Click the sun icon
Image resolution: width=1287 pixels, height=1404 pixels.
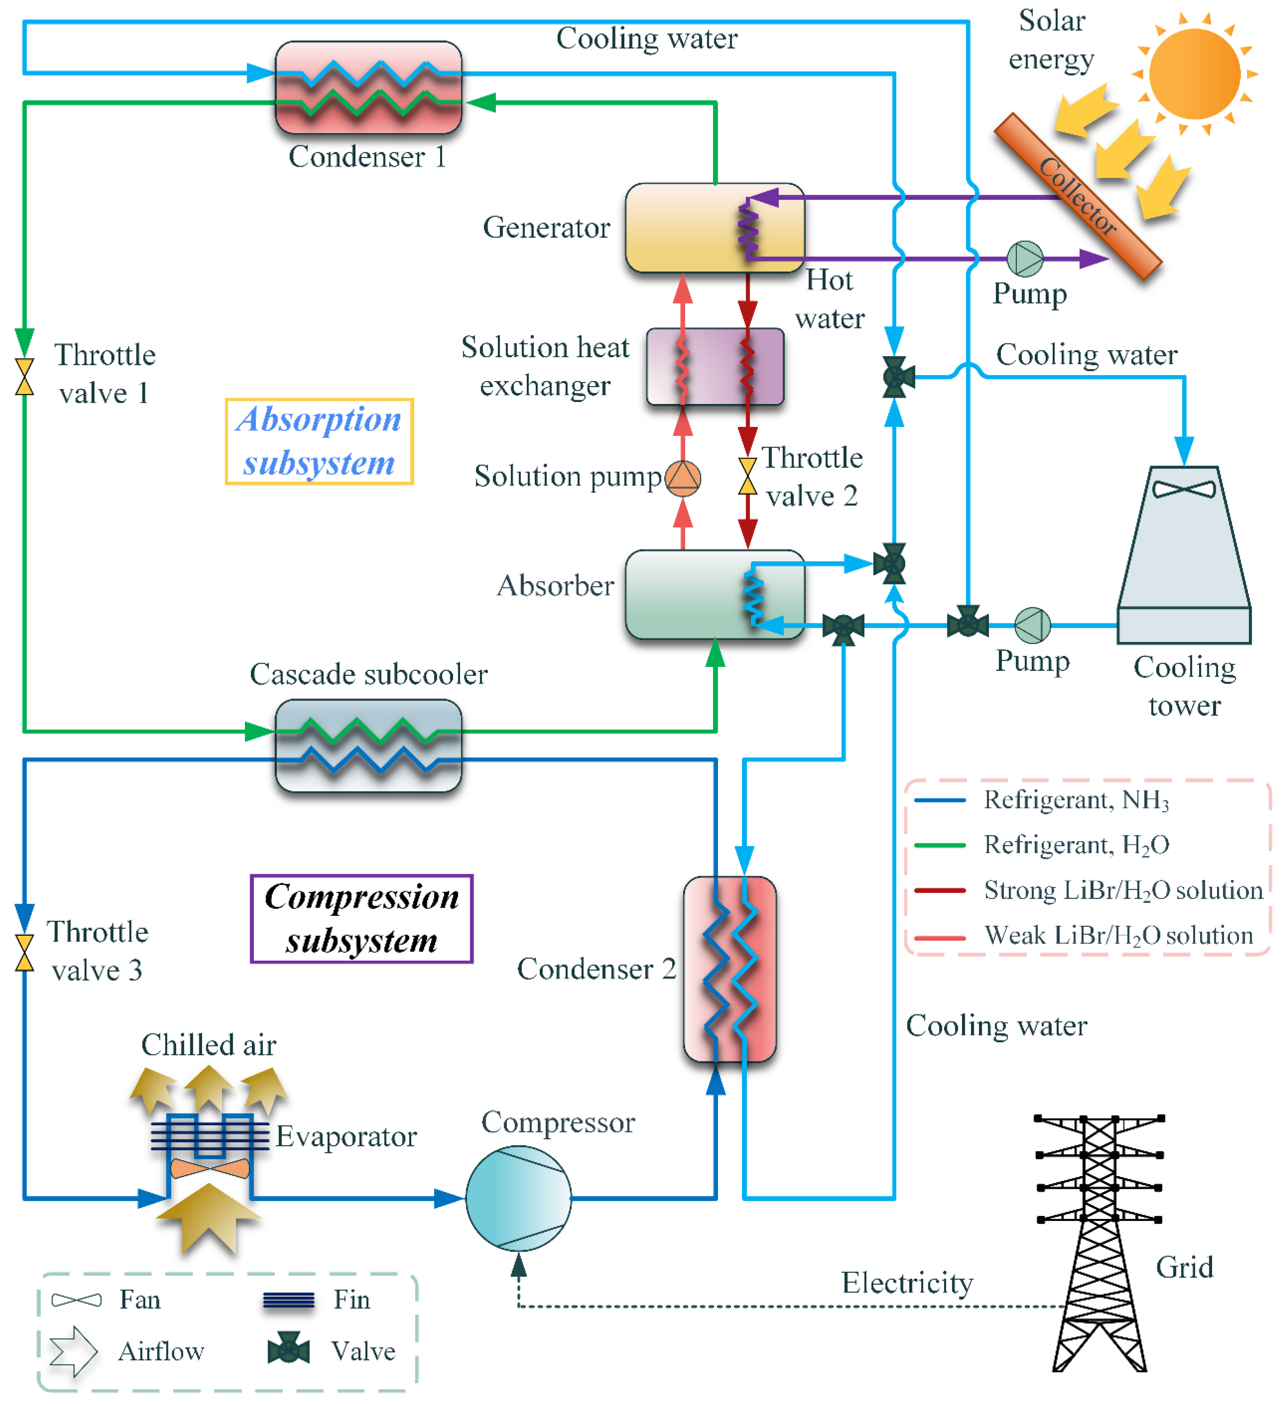pos(1194,73)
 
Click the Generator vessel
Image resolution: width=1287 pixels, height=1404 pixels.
pos(696,228)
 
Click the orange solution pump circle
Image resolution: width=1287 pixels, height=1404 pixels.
pos(683,478)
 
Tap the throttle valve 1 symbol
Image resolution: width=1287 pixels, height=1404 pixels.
pos(24,377)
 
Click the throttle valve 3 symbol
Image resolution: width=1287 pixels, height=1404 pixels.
pos(24,953)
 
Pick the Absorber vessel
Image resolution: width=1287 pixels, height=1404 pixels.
pos(696,594)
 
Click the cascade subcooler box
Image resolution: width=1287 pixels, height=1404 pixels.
pos(369,746)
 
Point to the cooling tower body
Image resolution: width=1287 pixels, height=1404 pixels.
pos(1184,550)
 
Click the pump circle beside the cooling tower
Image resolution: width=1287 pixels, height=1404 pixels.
pos(1032,625)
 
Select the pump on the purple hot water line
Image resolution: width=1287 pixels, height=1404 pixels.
pos(1025,259)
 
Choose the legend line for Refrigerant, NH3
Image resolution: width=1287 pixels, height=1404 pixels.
pos(940,800)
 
